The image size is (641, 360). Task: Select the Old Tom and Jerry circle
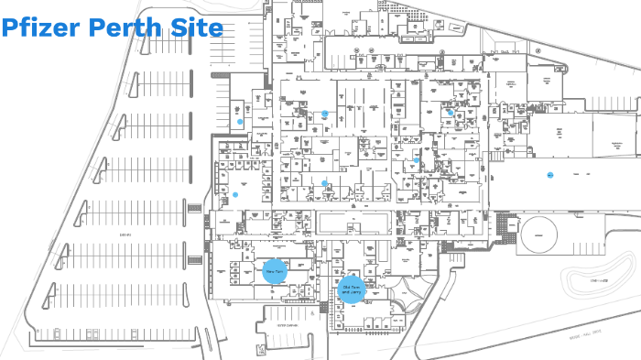[x=351, y=289]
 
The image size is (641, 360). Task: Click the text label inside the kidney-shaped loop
[x=599, y=280]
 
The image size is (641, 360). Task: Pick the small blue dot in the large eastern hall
[x=550, y=174]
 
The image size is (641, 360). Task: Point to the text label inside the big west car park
[x=125, y=235]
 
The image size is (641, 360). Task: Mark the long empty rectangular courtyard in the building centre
[x=355, y=223]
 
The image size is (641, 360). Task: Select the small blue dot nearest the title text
[x=240, y=121]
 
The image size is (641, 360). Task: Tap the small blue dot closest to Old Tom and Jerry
[x=324, y=183]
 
